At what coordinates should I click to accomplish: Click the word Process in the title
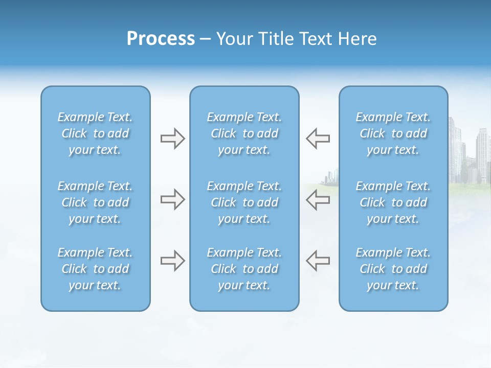(161, 39)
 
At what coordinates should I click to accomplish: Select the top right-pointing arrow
(172, 139)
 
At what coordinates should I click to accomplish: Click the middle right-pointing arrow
(172, 199)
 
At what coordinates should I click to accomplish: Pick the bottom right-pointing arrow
(172, 261)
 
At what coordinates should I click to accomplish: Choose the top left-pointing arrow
(318, 139)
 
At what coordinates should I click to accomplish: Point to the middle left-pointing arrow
(318, 199)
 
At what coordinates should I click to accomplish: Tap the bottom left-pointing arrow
(318, 261)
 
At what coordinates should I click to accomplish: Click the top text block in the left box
(95, 133)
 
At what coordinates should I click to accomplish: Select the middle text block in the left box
(95, 202)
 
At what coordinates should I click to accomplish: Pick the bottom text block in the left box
(95, 269)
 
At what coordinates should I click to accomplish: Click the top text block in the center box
(244, 133)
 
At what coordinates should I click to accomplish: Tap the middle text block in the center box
(244, 202)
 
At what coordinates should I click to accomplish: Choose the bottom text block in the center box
(244, 269)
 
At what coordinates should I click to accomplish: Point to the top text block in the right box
(393, 133)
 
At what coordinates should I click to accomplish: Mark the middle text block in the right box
(393, 202)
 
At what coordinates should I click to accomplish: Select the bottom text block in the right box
(393, 269)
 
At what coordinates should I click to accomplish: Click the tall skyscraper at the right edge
(482, 153)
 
